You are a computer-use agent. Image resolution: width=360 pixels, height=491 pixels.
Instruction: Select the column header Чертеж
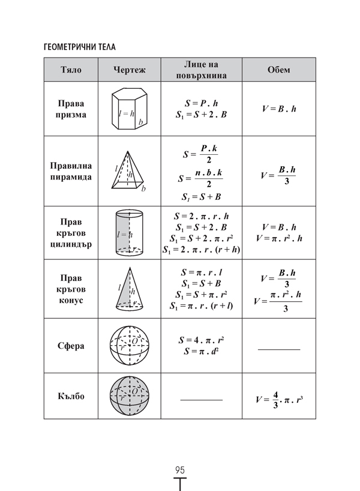(130, 70)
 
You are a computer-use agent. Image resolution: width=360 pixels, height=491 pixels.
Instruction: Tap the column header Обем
(279, 70)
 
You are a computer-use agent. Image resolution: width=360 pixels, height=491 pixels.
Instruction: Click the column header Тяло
(71, 70)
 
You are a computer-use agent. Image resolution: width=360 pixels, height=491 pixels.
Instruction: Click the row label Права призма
(71, 109)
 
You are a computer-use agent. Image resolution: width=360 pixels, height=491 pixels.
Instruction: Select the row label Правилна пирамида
(71, 171)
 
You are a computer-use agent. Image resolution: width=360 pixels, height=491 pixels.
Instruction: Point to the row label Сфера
(71, 346)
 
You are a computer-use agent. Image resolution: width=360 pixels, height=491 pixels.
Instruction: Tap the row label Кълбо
(71, 396)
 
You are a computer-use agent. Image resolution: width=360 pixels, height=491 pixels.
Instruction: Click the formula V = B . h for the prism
(280, 109)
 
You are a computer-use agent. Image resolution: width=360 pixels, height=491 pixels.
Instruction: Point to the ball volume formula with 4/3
(280, 399)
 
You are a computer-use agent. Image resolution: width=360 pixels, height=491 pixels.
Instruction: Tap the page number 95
(179, 469)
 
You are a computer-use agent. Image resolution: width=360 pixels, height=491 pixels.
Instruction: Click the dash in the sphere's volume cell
(279, 349)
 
